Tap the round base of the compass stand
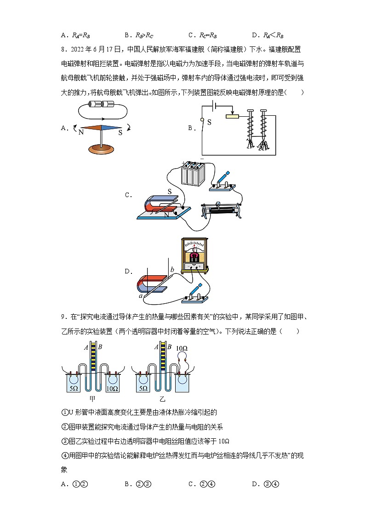click(x=101, y=148)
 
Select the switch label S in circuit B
click(x=209, y=123)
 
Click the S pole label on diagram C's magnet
click(x=169, y=192)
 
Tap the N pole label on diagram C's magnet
click(x=167, y=214)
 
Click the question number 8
click(x=63, y=48)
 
